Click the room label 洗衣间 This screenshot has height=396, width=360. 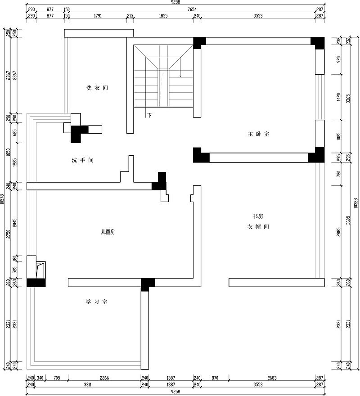tap(97, 88)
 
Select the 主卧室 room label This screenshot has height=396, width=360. tap(258, 134)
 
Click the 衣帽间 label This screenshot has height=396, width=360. tap(258, 227)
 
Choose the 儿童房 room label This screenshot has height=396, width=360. tap(108, 232)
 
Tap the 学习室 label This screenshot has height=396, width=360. tap(97, 302)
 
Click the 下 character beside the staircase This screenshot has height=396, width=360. tap(149, 115)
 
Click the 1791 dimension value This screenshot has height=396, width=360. tap(98, 16)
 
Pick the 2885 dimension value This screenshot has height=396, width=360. tap(339, 232)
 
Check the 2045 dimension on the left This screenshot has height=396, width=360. tap(15, 224)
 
